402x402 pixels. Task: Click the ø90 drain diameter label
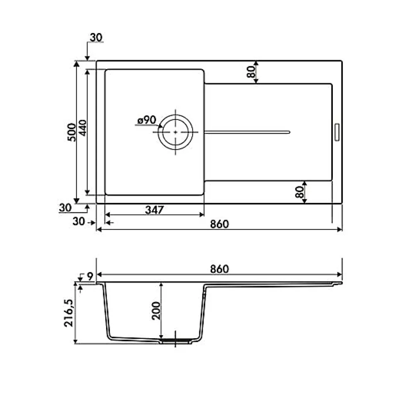[x=147, y=120]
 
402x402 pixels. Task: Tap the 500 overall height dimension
[x=72, y=132]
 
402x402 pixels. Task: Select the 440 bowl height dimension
[x=82, y=128]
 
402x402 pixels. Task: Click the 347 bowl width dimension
[x=154, y=210]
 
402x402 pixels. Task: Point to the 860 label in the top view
[x=220, y=224]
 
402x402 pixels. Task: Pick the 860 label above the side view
[x=220, y=269]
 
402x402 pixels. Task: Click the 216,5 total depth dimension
[x=69, y=313]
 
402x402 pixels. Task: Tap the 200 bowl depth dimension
[x=156, y=310]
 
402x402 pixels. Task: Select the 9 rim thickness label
[x=90, y=276]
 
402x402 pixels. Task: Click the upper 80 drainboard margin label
[x=251, y=72]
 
